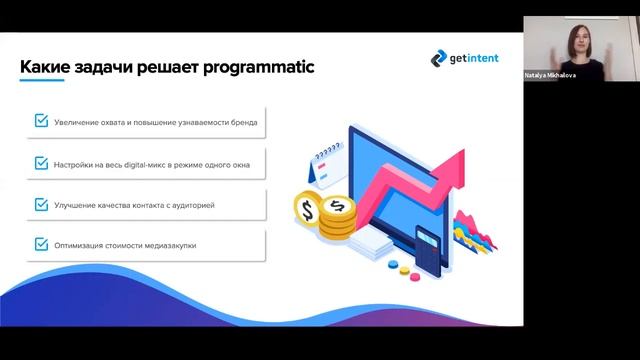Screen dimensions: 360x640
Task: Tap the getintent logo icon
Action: click(x=438, y=59)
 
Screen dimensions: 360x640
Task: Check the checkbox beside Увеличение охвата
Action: click(x=41, y=121)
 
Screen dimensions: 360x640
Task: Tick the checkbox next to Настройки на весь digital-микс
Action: click(x=41, y=162)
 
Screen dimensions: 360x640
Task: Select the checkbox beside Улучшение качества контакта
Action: click(x=41, y=203)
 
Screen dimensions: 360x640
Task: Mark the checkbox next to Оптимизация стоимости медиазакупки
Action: click(x=41, y=243)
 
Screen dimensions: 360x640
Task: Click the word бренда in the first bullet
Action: click(x=243, y=122)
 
